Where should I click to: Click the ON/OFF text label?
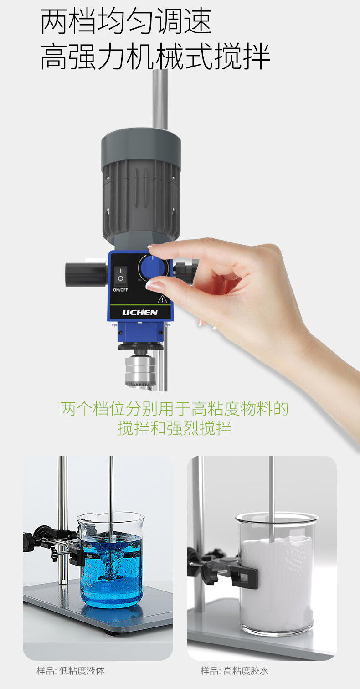120,290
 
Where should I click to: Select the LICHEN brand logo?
140,313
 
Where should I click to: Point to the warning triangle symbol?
162,299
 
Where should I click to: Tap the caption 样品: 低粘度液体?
71,671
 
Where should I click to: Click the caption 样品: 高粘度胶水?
235,671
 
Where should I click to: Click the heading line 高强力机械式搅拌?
155,57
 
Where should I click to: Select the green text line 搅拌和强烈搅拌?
175,428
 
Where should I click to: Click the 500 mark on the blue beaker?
89,556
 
